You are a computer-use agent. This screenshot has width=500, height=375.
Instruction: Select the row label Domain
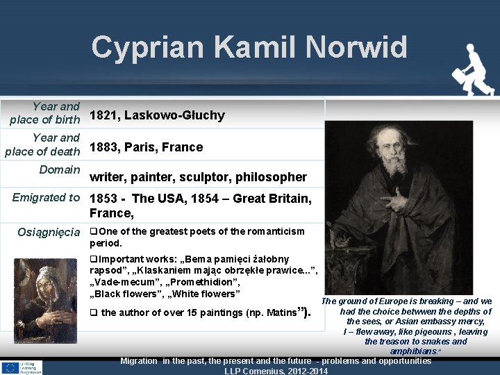click(60, 169)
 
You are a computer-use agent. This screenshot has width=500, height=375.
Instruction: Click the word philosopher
click(272, 177)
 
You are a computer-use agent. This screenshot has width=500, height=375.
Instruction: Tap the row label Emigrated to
click(47, 198)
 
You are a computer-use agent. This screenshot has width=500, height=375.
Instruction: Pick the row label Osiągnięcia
click(49, 232)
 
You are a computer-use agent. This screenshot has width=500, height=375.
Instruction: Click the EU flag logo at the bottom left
click(11, 368)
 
